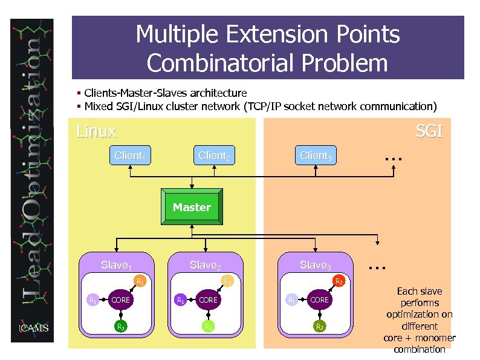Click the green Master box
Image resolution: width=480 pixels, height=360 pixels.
tap(192, 208)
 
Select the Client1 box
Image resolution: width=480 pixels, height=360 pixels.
tap(130, 155)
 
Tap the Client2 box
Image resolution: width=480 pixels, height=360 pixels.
tap(214, 155)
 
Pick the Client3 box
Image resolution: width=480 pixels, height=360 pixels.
tap(316, 155)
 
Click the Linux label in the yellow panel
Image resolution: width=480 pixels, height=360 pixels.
tap(96, 131)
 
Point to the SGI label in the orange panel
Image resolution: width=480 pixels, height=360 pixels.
tap(429, 131)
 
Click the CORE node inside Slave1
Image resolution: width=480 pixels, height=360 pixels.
tap(120, 299)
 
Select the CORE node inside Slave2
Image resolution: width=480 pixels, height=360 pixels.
tap(208, 299)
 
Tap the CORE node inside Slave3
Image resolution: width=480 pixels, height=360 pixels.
tap(319, 299)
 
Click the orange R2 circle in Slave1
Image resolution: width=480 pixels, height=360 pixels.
tap(140, 281)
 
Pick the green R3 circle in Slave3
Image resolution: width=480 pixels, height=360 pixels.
tap(319, 327)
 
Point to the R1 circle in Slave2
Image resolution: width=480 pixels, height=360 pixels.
tap(180, 299)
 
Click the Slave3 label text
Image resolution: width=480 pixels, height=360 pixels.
tap(316, 265)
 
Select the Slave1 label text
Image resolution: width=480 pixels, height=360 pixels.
tap(117, 265)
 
